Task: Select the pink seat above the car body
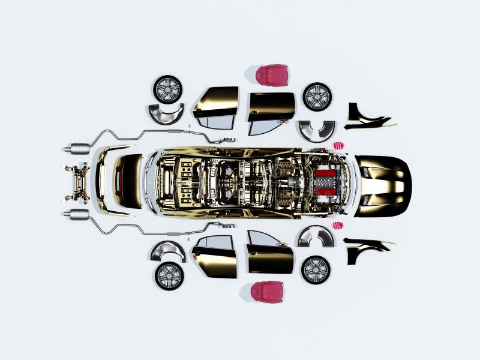[x=272, y=76]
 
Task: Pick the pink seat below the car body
[x=267, y=292]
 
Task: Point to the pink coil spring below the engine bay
[x=338, y=225]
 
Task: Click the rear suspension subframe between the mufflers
[x=78, y=182]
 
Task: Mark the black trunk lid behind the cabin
[x=128, y=181]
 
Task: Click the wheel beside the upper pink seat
[x=317, y=96]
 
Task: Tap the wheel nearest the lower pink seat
[x=316, y=269]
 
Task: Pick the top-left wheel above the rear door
[x=167, y=89]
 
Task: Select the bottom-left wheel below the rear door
[x=169, y=275]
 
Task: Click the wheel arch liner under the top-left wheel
[x=166, y=113]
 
